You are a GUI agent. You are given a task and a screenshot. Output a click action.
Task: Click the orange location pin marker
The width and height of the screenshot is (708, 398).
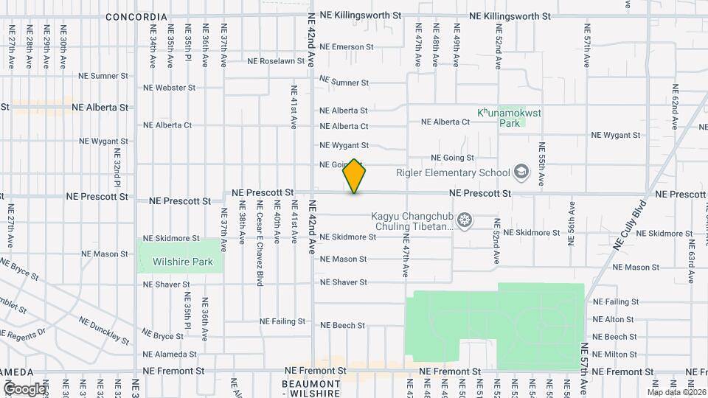click(355, 177)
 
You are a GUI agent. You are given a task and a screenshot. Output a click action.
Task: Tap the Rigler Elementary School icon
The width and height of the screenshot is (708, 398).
click(522, 172)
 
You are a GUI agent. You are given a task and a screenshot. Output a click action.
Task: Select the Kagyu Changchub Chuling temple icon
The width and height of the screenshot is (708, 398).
click(465, 220)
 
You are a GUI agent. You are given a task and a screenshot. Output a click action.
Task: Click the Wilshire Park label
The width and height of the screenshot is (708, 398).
click(182, 262)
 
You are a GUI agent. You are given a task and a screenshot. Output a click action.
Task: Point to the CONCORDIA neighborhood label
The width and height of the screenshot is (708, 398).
click(136, 16)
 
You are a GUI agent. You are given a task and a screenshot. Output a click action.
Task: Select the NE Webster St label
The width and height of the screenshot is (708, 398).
click(169, 87)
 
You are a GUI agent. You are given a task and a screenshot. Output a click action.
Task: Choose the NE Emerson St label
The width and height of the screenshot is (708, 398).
click(347, 46)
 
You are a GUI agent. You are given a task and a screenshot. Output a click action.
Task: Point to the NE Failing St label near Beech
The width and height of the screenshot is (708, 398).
click(282, 321)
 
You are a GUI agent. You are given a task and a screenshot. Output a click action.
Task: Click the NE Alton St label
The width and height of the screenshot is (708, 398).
click(613, 319)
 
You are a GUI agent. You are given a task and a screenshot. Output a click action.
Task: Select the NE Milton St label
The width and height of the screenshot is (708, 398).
click(614, 355)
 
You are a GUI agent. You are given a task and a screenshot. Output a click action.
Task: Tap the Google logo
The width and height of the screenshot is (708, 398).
click(24, 388)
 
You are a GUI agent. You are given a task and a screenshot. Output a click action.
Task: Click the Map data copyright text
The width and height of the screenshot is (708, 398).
click(676, 392)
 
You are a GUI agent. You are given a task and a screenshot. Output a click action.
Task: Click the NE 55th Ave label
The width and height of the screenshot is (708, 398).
click(541, 164)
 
